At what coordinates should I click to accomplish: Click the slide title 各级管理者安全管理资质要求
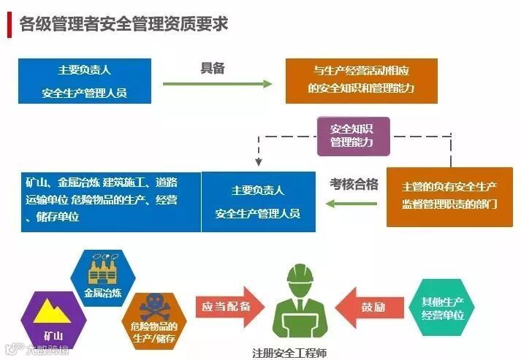coord(124,23)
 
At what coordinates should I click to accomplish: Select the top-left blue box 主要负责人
coord(85,82)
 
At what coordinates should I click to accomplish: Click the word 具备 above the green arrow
coord(213,68)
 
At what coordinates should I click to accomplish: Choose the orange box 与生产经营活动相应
coord(360,80)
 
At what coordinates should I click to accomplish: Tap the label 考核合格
coord(354,185)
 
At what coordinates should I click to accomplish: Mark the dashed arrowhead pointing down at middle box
coord(257,163)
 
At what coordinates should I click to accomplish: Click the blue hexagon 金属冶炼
coord(103,278)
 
